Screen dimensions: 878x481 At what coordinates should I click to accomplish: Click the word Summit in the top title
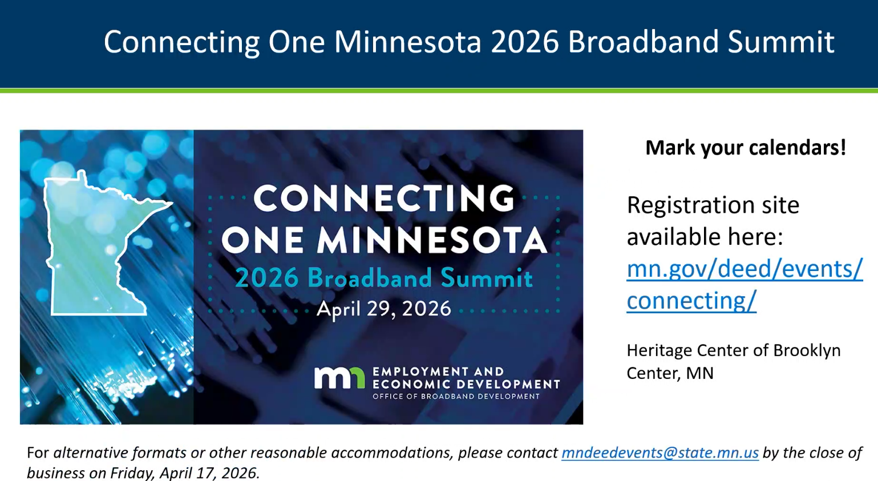pos(781,42)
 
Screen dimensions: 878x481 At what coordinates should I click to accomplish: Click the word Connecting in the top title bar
pos(182,43)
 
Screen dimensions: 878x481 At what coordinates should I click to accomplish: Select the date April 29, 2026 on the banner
pos(384,309)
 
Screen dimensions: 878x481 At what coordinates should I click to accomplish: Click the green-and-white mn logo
pos(339,378)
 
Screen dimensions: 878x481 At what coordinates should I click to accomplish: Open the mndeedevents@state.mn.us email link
pos(660,453)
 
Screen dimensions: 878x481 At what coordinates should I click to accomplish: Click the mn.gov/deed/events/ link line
pos(745,269)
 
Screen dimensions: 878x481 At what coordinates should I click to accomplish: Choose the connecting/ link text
pos(691,301)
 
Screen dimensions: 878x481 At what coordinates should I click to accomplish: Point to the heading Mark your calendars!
pos(746,148)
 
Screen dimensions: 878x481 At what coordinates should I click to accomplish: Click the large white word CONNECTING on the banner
pos(384,199)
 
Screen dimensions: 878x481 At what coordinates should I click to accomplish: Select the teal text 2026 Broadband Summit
pos(384,278)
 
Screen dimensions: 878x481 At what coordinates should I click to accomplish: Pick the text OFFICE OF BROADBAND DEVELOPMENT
pos(456,397)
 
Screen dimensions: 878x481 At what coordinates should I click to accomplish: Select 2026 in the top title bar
pos(524,42)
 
